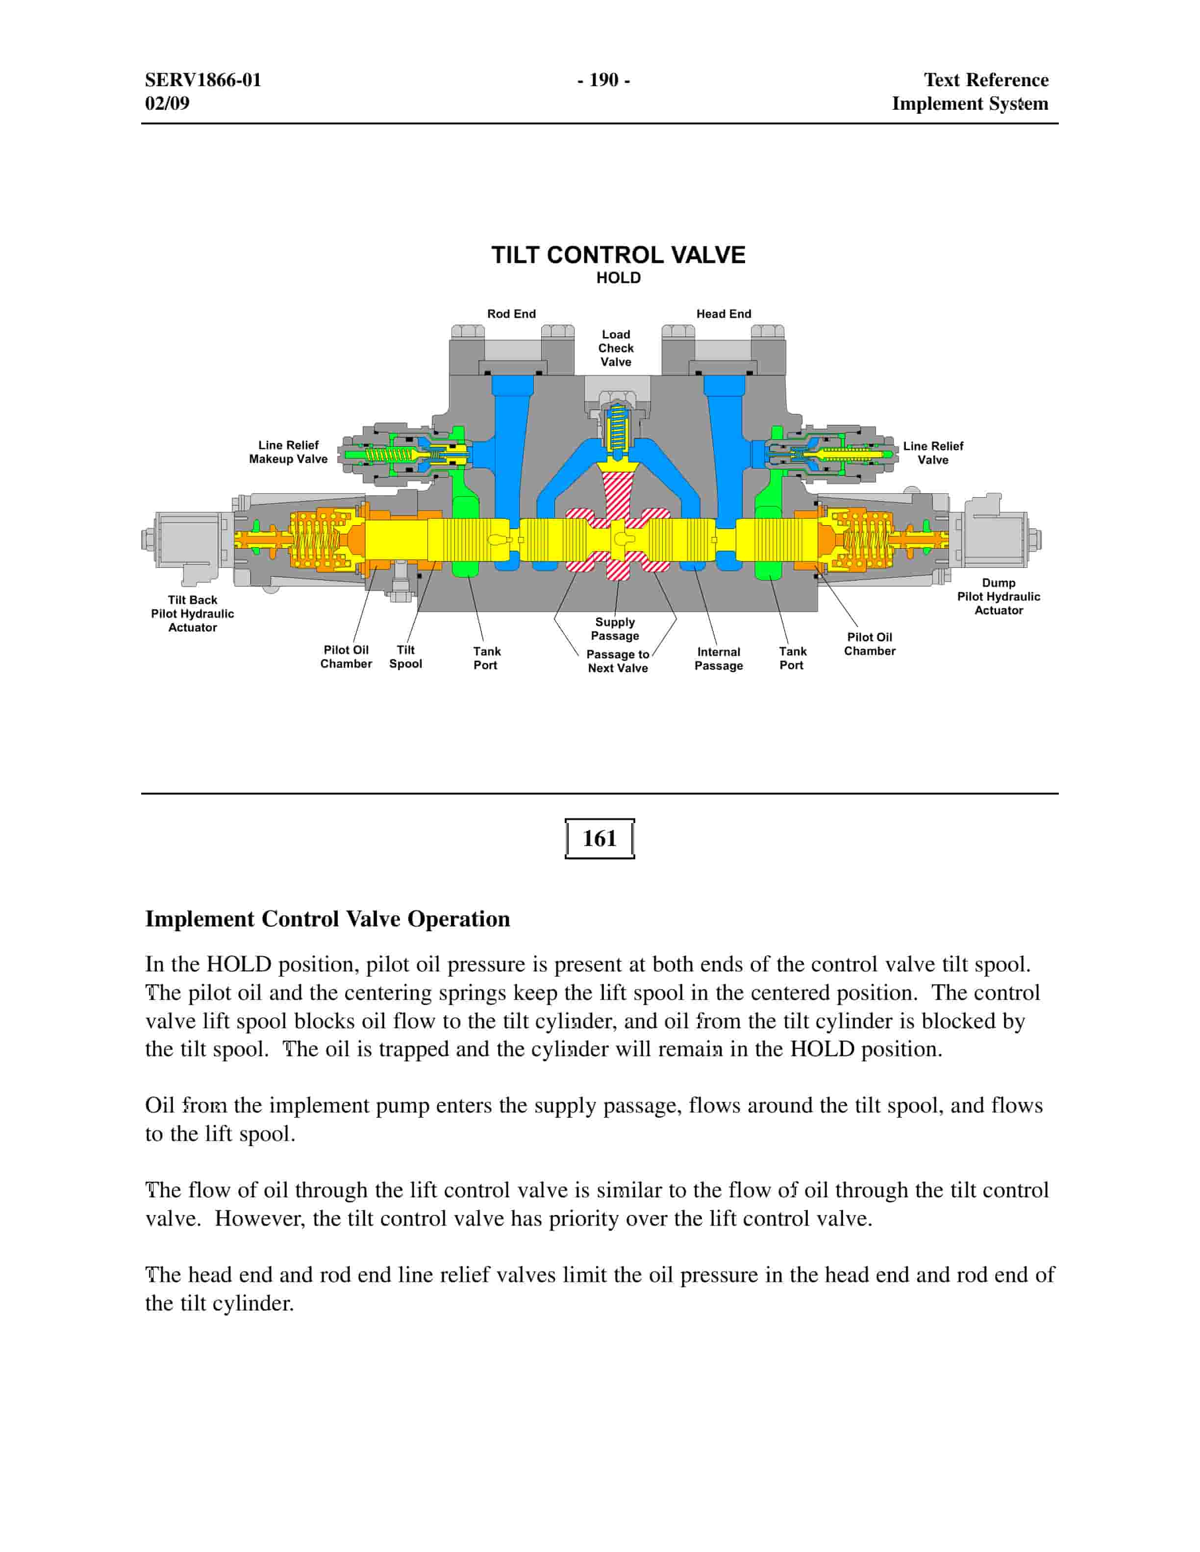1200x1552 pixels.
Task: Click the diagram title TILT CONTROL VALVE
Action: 618,255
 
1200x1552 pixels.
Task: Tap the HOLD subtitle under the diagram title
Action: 618,278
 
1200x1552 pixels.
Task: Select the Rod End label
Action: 511,314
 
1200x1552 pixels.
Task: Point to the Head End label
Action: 723,314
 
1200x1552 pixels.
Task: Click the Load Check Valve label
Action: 616,348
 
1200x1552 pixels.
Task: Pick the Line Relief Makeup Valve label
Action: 288,452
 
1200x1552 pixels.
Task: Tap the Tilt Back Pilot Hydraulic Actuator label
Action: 192,614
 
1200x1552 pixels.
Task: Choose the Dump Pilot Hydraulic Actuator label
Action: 998,597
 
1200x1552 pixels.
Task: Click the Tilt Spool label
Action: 405,656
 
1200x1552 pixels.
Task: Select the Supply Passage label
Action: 615,629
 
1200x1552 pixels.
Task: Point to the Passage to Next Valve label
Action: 617,661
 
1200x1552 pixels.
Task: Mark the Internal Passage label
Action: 718,659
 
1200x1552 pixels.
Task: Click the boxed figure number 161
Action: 600,839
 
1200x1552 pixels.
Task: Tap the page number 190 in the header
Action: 603,79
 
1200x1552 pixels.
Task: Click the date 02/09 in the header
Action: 167,103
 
